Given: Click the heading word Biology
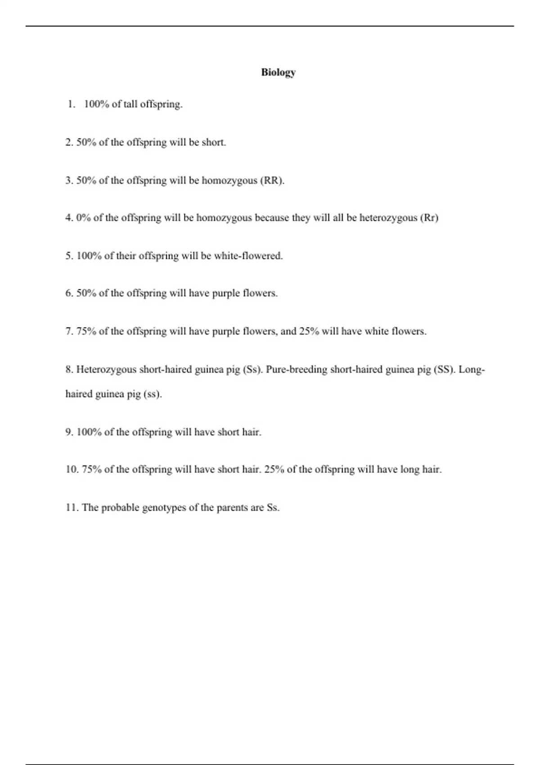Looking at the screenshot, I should tap(278, 72).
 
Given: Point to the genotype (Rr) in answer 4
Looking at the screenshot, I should tap(429, 218).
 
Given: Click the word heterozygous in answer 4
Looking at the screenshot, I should tap(388, 218).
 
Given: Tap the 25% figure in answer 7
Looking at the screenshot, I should tap(309, 332).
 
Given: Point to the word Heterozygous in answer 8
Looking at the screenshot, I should tap(106, 370).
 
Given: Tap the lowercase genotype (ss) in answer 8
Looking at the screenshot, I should tap(153, 394).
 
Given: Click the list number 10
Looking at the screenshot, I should tap(72, 470).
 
